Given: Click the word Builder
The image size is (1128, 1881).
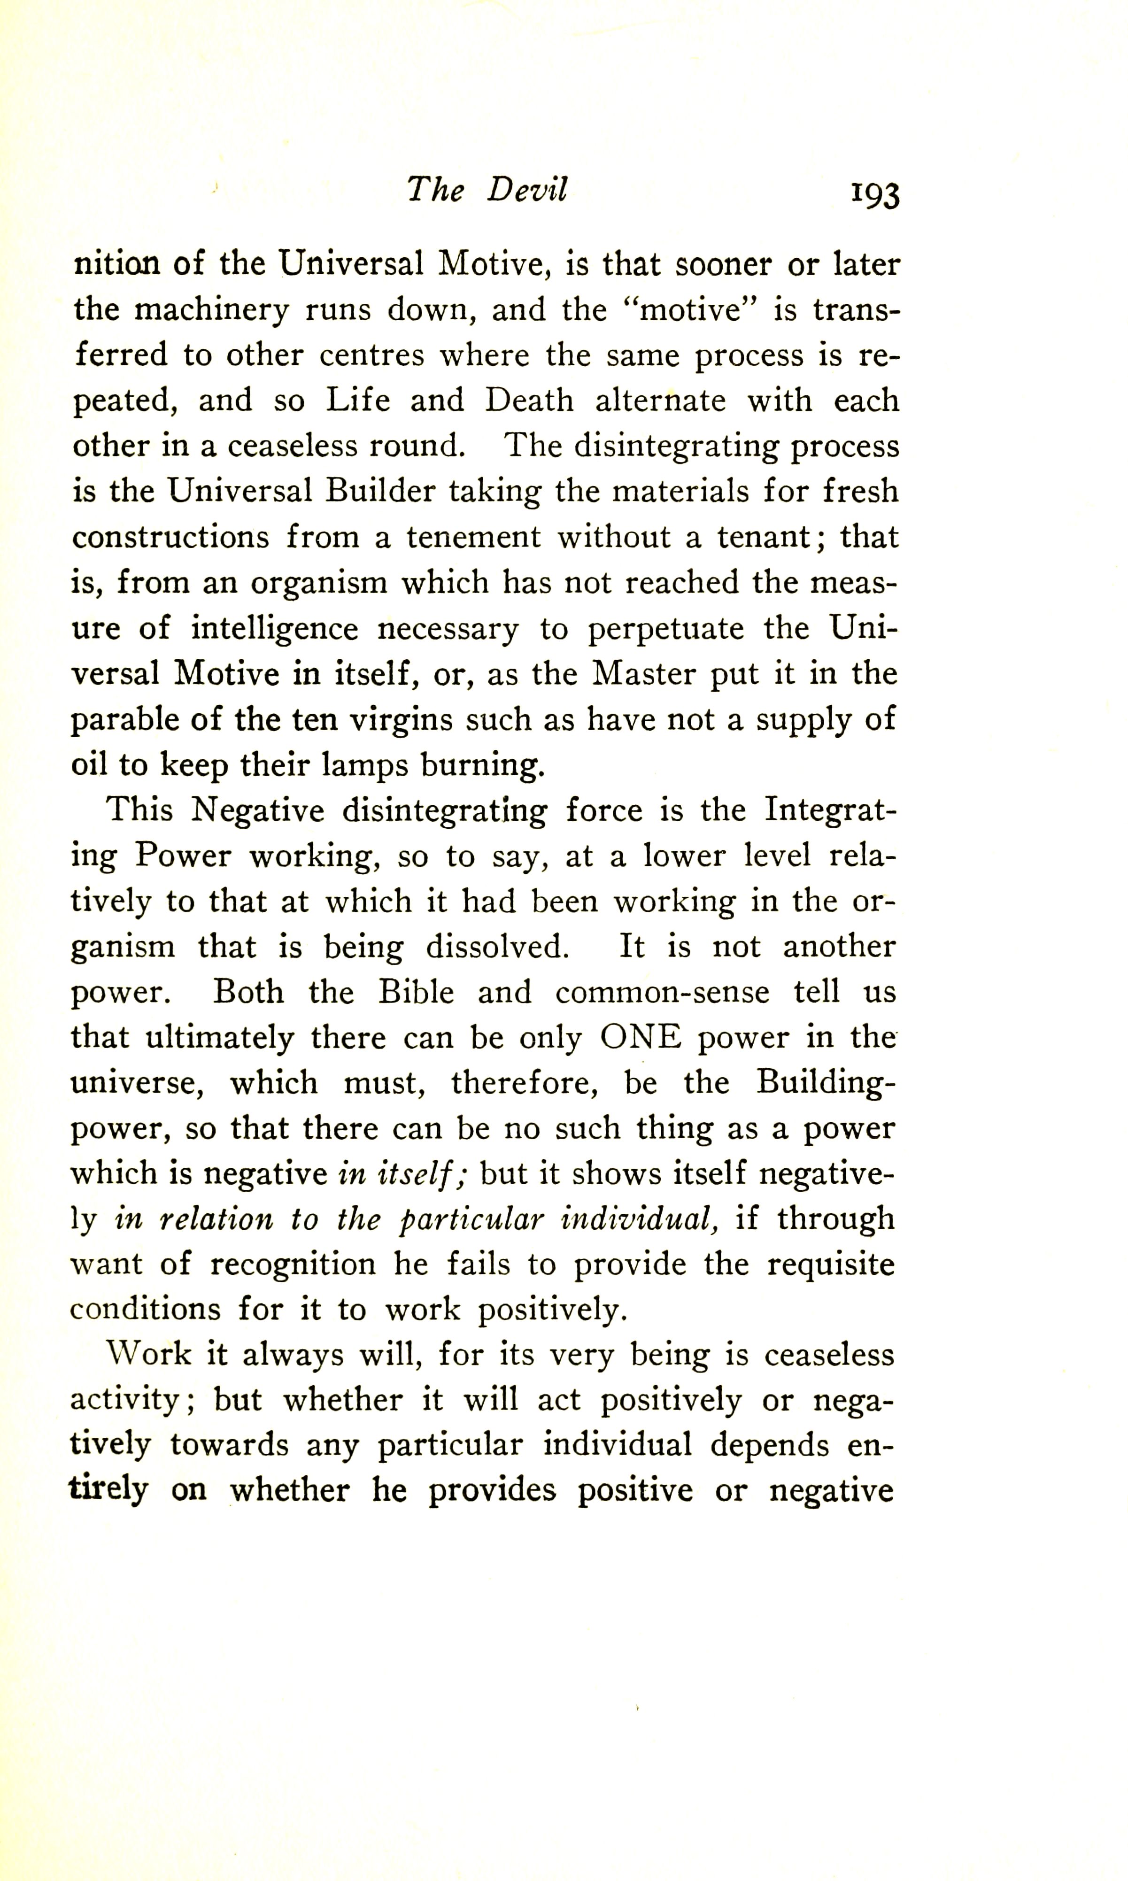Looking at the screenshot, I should tap(380, 492).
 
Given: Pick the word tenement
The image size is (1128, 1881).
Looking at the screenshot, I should tap(473, 537).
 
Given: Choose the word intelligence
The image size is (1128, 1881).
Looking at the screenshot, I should tap(274, 629).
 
